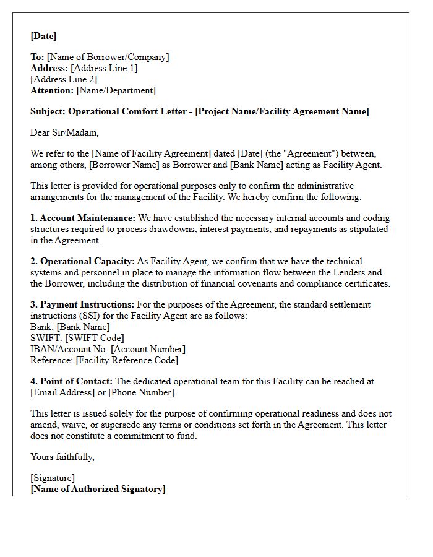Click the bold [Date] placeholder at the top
click(x=43, y=36)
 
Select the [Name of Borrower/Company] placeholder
click(x=108, y=57)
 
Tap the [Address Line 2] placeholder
click(x=64, y=79)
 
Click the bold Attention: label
click(x=52, y=90)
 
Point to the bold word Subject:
click(x=48, y=111)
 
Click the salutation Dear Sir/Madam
click(x=64, y=132)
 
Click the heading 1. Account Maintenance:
click(x=83, y=218)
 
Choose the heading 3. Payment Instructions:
click(x=82, y=304)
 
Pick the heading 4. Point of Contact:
click(x=72, y=381)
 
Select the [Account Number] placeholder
click(x=148, y=349)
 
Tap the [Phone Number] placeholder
click(x=142, y=392)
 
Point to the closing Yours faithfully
click(x=62, y=457)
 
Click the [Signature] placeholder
click(x=53, y=478)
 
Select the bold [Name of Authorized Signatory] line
click(x=98, y=489)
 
